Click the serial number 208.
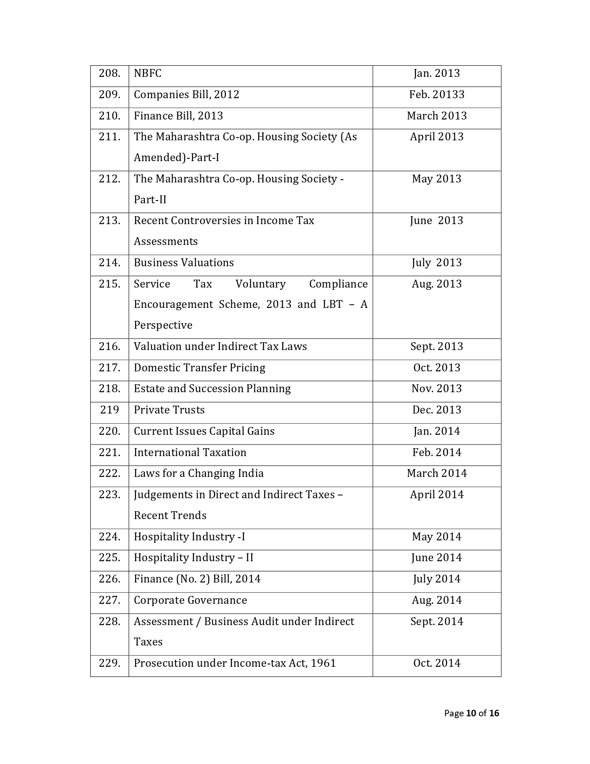click(109, 73)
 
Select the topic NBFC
click(148, 73)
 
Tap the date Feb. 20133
click(436, 94)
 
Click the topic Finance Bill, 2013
click(178, 116)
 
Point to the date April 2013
click(436, 137)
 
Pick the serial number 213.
click(109, 220)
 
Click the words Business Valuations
click(184, 263)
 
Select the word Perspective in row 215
click(163, 325)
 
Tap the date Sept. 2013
click(436, 346)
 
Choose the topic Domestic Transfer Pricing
click(199, 368)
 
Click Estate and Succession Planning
click(212, 388)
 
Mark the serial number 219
click(109, 410)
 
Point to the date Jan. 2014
click(436, 431)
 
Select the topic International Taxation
click(190, 452)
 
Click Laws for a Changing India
click(199, 473)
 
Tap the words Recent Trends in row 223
click(170, 515)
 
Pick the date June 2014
click(436, 557)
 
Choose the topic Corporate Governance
click(190, 600)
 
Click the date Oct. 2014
click(436, 663)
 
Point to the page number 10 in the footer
click(471, 713)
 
